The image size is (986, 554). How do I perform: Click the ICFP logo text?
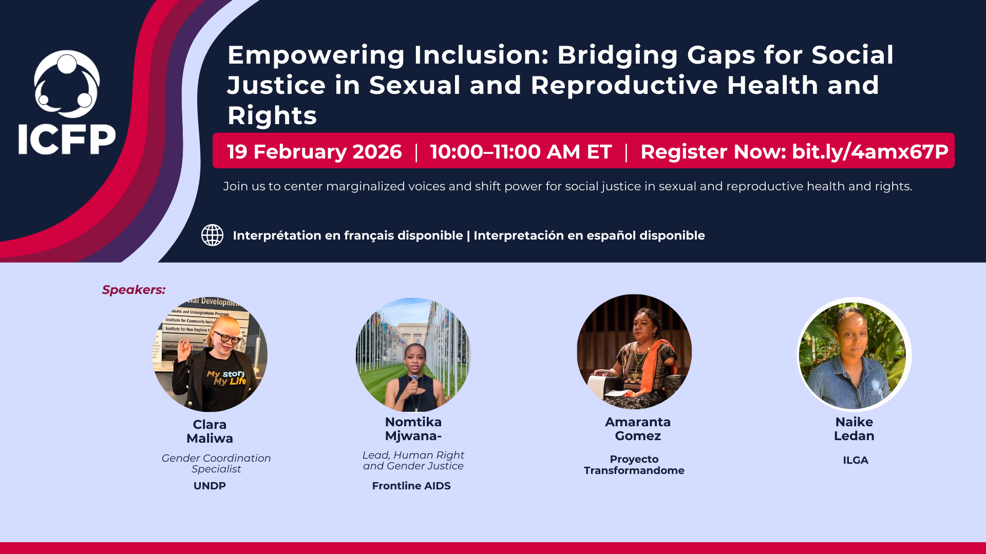[67, 140]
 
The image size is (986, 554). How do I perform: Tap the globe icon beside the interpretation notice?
[212, 235]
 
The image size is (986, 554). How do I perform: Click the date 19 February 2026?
[314, 152]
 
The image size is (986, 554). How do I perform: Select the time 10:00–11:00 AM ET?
[521, 152]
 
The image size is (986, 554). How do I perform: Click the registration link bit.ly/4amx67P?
[870, 152]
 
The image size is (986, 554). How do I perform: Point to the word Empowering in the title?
[316, 55]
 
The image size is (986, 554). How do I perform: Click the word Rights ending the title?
[272, 116]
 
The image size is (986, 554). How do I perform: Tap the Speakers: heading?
[134, 290]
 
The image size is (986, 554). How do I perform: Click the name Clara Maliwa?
[210, 431]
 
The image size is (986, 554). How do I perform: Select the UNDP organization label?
[210, 486]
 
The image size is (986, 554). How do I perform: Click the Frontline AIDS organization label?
[411, 486]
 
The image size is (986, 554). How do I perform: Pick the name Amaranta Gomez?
[637, 429]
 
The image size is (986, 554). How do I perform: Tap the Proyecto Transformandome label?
[634, 465]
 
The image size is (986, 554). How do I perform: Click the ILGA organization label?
[855, 460]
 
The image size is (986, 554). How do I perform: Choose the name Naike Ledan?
[854, 429]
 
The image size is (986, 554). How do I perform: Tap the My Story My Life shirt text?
[226, 378]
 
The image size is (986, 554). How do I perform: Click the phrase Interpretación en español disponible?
[589, 235]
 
